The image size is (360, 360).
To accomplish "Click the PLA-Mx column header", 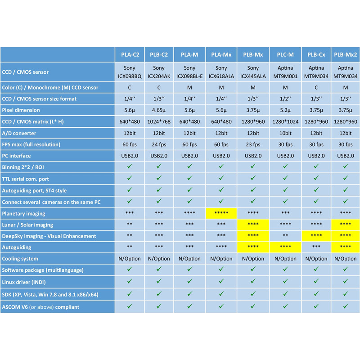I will (221, 55).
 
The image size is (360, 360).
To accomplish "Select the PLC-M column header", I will (285, 55).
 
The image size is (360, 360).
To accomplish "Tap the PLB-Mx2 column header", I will (346, 55).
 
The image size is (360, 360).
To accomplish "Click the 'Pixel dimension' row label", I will (21, 110).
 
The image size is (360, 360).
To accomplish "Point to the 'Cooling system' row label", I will (20, 259).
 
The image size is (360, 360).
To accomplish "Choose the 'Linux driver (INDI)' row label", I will (25, 281).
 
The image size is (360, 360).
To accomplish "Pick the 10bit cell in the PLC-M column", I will (285, 133).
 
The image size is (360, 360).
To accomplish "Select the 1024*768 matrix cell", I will (158, 121).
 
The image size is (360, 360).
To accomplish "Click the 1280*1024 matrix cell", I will (285, 121).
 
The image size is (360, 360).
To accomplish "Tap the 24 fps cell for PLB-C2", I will (158, 144).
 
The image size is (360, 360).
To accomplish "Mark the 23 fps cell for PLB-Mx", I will (253, 144).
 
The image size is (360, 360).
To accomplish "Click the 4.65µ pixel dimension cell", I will (158, 110).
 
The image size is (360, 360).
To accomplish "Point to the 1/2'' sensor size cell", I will (285, 99).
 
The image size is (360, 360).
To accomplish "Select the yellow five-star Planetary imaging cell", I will (221, 213).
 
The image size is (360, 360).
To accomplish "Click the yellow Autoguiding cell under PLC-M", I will (285, 247).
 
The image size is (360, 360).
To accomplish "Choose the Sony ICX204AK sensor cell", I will (158, 72).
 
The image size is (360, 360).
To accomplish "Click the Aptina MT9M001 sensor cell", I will (285, 72).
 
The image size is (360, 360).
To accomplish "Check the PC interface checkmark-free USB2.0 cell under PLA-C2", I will (130, 156).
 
